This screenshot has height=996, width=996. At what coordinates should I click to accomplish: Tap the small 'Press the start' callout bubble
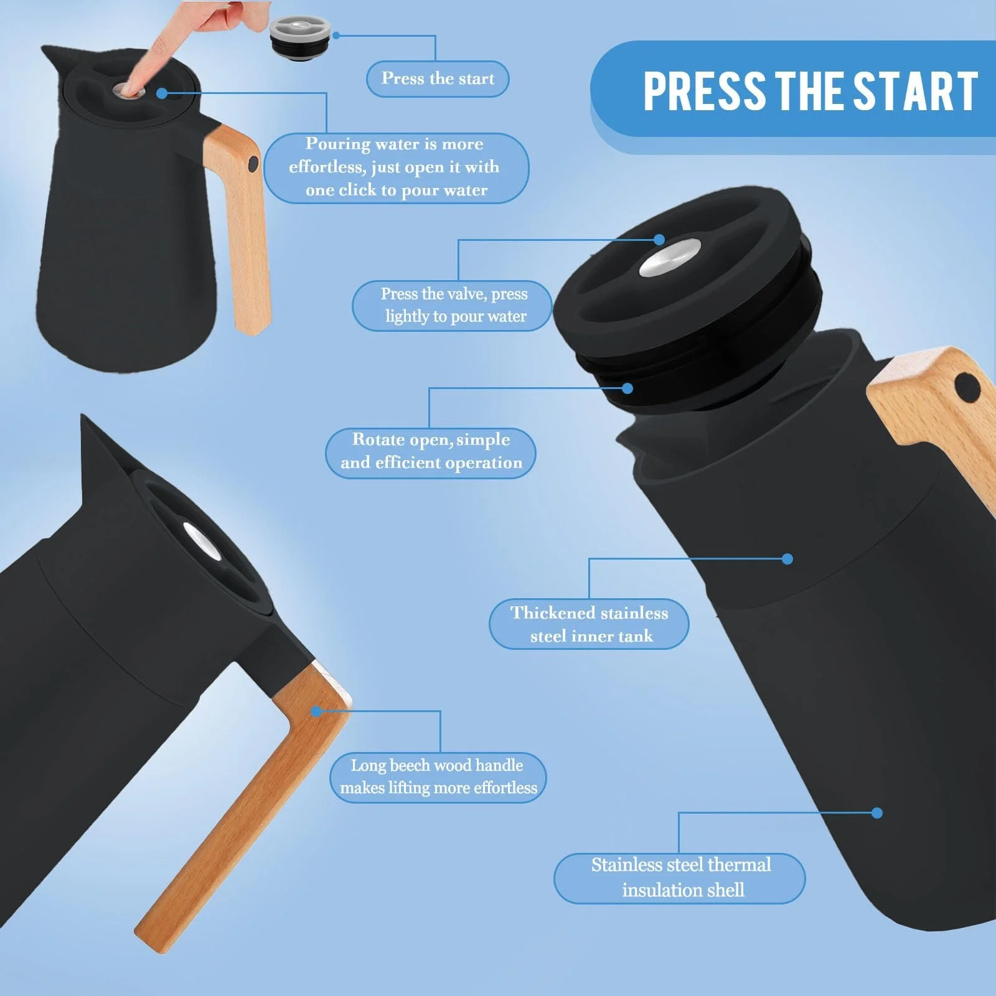coord(438,79)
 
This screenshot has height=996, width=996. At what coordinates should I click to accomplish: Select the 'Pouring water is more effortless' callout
coord(396,167)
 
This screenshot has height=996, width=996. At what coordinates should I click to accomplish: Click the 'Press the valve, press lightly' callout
coord(453,306)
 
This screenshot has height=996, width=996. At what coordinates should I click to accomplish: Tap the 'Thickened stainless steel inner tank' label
coord(589,624)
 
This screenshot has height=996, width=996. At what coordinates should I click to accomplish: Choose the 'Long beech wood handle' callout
coord(438,778)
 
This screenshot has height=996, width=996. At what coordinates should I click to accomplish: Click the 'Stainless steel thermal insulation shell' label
coord(680,878)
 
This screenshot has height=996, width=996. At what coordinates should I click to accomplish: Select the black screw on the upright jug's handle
coord(253,164)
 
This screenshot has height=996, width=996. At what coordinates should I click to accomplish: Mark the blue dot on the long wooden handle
coord(316,711)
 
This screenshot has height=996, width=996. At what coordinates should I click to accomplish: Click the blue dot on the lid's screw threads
coord(627,388)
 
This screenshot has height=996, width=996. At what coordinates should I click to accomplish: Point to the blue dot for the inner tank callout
coord(787,559)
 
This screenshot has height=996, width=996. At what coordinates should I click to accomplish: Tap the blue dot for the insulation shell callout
coord(877,813)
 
